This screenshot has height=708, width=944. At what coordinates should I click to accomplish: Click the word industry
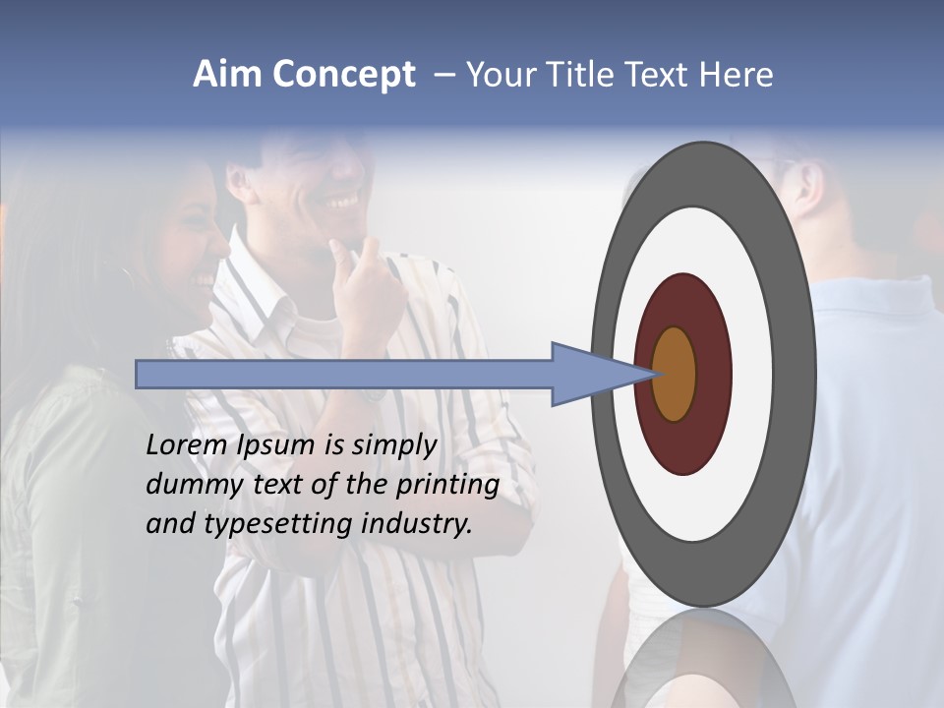point(416,524)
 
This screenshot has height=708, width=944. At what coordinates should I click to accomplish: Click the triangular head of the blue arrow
point(590,374)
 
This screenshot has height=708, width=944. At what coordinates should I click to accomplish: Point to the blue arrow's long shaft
point(344,374)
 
